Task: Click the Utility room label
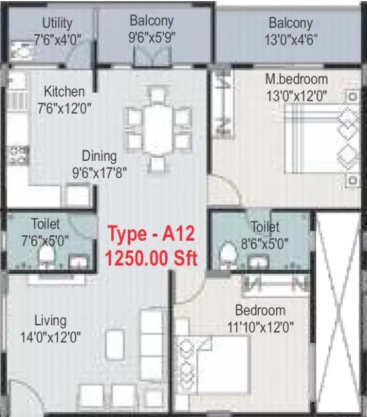tap(57, 23)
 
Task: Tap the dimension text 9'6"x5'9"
tap(152, 36)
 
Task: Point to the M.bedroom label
tap(296, 79)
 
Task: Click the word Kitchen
tap(64, 92)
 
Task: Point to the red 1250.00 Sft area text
tap(152, 257)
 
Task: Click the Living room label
tap(50, 320)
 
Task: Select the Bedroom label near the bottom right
tap(260, 310)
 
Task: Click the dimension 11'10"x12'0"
tap(260, 327)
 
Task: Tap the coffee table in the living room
tap(114, 344)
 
